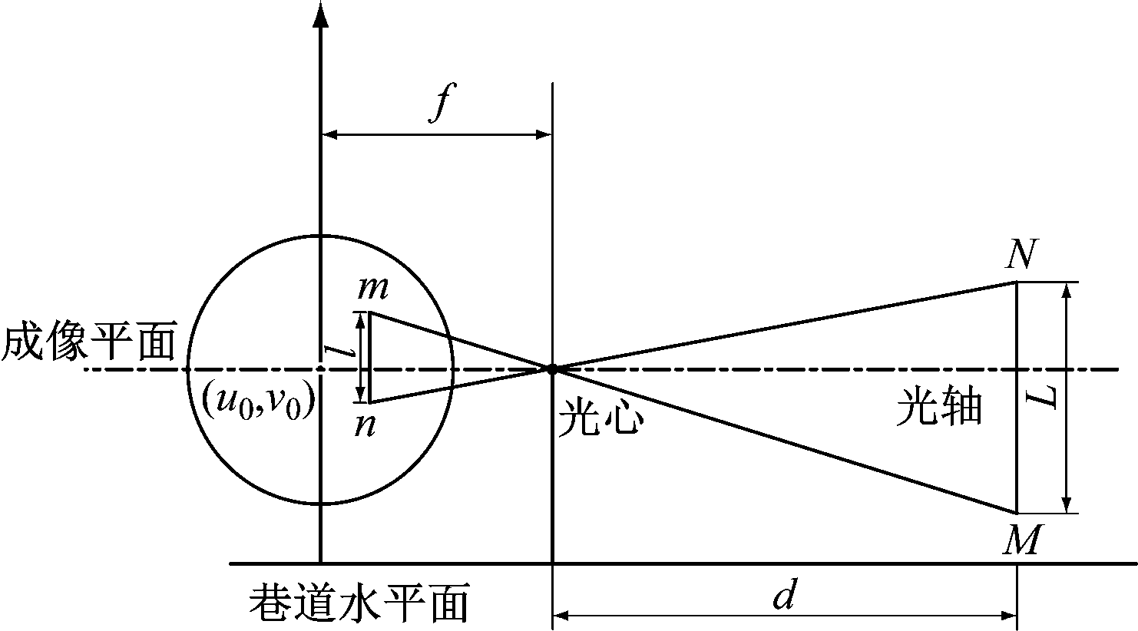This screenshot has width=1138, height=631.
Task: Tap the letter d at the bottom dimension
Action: pos(784,593)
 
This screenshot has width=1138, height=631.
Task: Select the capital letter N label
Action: pos(1021,254)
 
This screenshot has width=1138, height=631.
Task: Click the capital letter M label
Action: pos(1022,539)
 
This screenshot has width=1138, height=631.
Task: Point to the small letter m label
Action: pos(373,288)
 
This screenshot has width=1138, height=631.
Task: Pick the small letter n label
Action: pos(366,426)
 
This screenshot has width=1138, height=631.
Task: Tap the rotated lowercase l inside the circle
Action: pos(339,351)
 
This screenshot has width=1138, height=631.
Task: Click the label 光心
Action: pos(601,417)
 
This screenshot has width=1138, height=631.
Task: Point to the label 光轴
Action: pos(939,406)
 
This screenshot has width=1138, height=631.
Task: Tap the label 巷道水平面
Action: pos(359,603)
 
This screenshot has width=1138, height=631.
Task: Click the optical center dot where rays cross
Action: pos(552,369)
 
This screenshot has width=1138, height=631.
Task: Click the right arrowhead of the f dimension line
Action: pos(544,134)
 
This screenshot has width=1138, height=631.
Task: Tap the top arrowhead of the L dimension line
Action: pos(1067,291)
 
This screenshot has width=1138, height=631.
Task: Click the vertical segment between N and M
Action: pos(1017,398)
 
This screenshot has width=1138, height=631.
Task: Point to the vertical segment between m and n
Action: pos(369,357)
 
